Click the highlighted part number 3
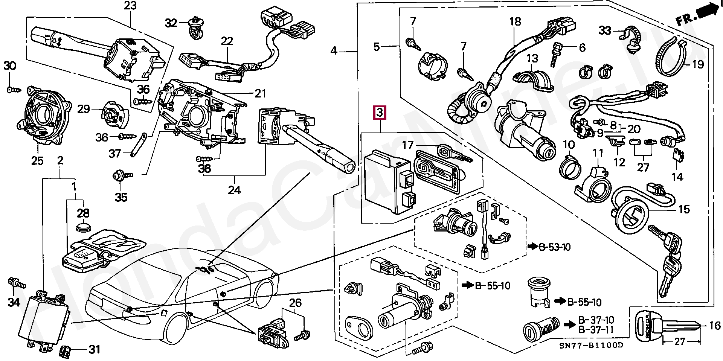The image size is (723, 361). (380, 113)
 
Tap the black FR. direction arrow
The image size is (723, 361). (706, 11)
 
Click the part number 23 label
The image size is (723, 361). (130, 6)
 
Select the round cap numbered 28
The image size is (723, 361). (83, 228)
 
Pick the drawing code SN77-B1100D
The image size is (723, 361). (595, 345)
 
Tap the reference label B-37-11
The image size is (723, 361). (596, 330)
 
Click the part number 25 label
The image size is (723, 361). (37, 161)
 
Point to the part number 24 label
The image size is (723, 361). (234, 190)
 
